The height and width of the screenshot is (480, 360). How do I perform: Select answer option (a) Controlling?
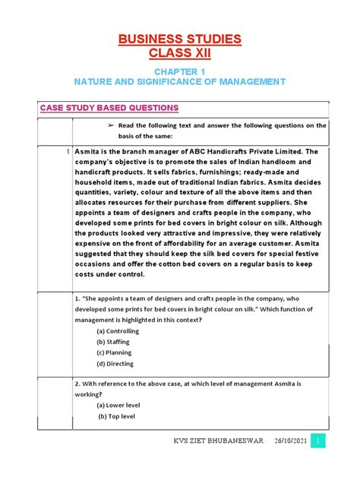pos(118,331)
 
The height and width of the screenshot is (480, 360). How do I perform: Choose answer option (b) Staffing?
pos(113,342)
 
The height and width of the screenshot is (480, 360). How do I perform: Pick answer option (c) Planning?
pos(113,353)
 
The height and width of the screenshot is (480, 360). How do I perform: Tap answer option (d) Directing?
pos(115,364)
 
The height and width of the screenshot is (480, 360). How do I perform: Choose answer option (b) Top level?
pos(118,417)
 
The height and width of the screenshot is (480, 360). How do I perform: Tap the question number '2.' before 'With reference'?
pos(78,384)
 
